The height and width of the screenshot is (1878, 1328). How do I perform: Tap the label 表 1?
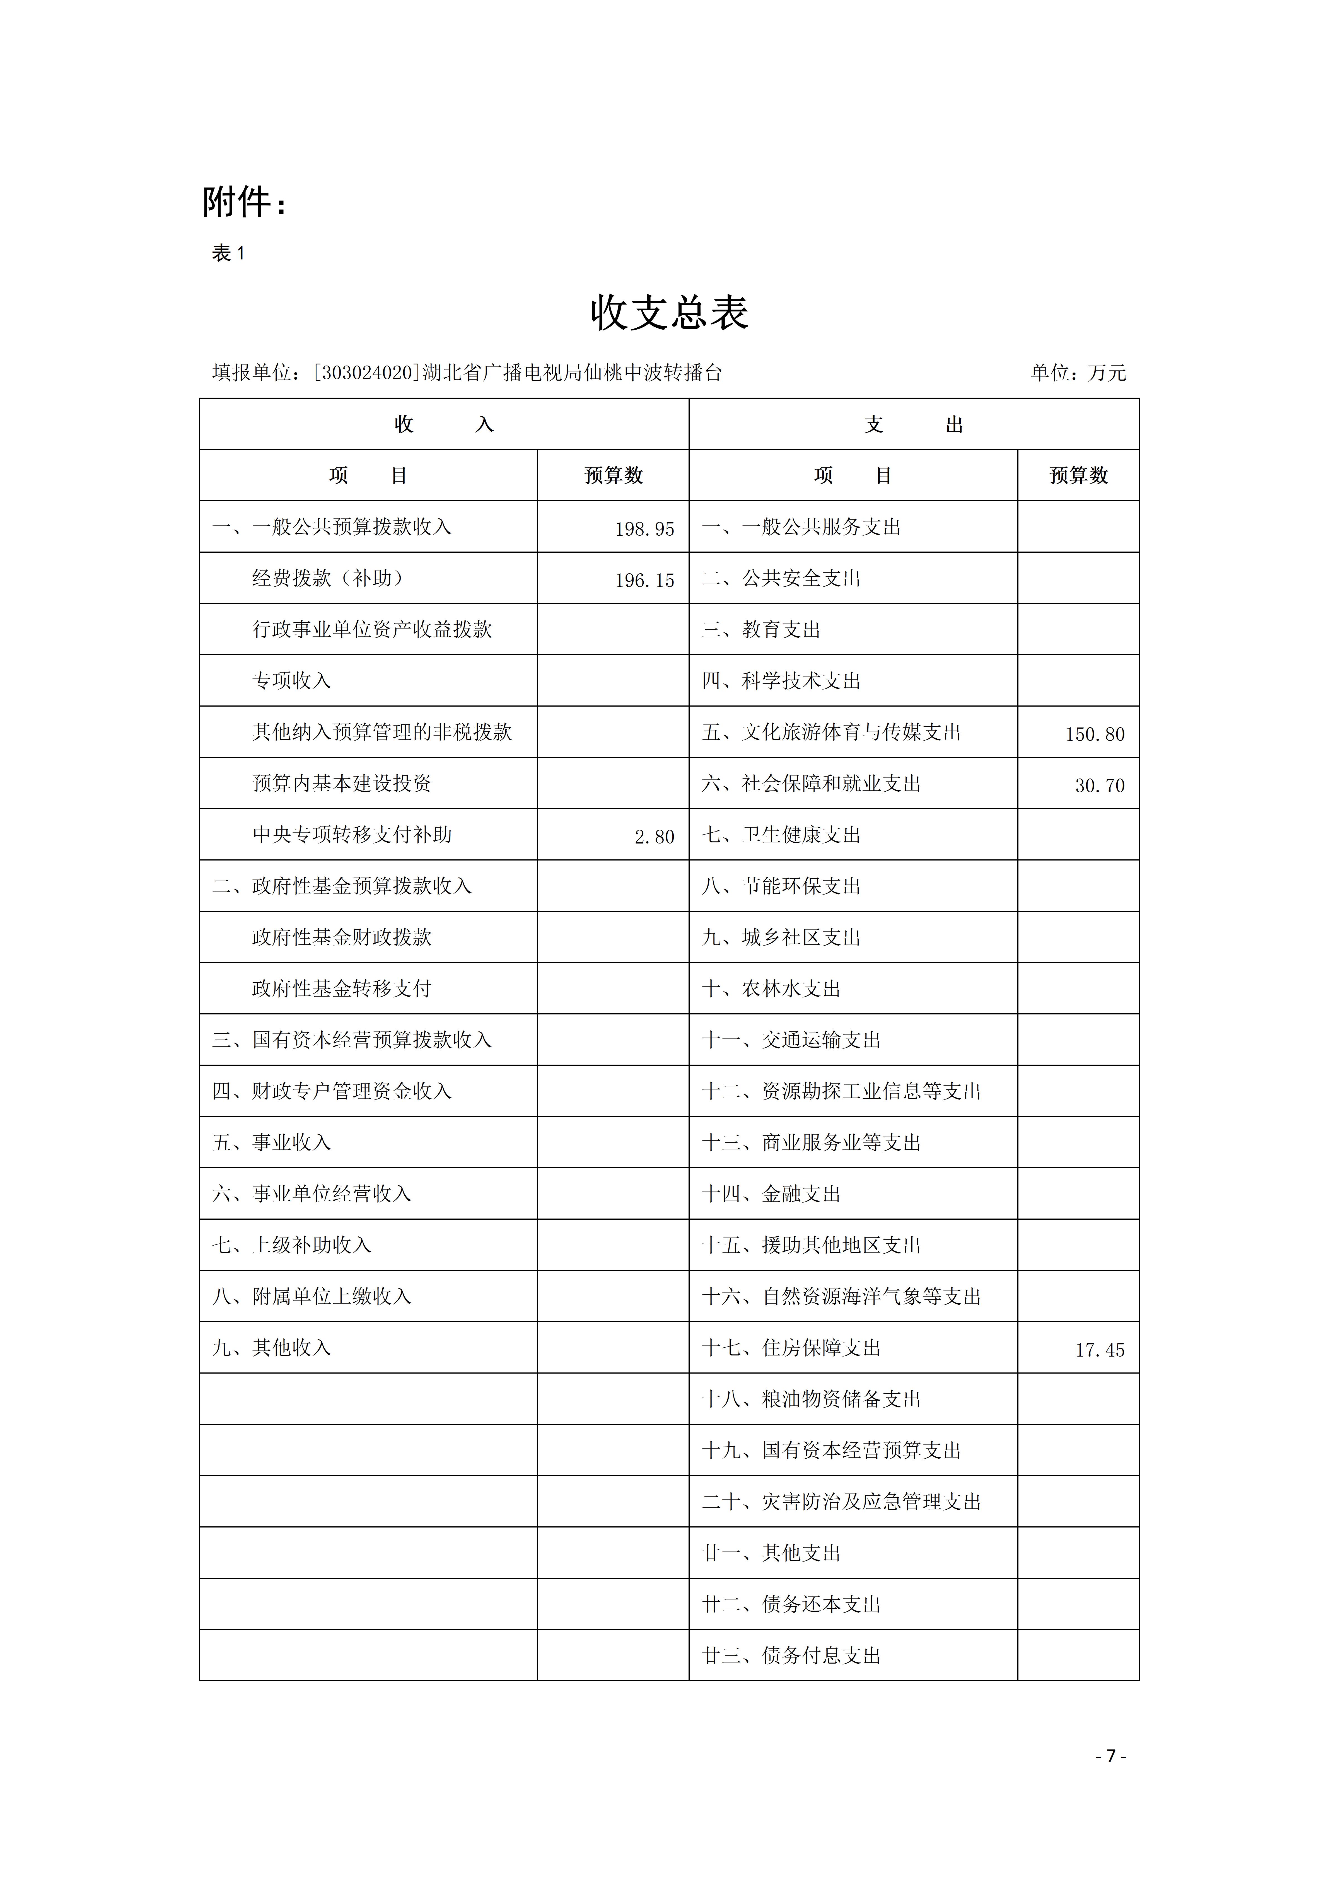coord(228,253)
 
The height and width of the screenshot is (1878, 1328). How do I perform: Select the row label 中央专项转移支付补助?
coord(352,834)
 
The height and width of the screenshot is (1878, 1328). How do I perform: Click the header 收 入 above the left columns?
coord(443,424)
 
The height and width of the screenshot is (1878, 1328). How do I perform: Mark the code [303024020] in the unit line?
coord(366,373)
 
